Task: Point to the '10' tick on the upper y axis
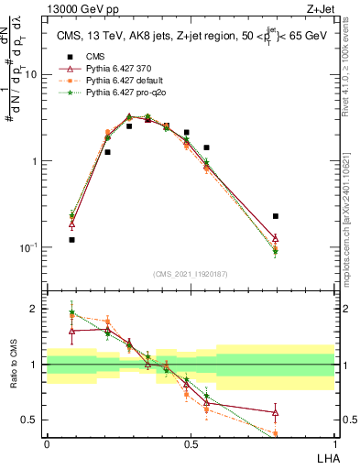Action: (31, 75)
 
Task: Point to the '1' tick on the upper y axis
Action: (35, 161)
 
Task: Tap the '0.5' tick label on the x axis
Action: (191, 443)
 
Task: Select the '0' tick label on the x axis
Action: (47, 443)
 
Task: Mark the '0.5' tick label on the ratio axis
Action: (30, 420)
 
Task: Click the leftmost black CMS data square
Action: (71, 240)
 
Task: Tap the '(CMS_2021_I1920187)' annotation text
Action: (191, 274)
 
